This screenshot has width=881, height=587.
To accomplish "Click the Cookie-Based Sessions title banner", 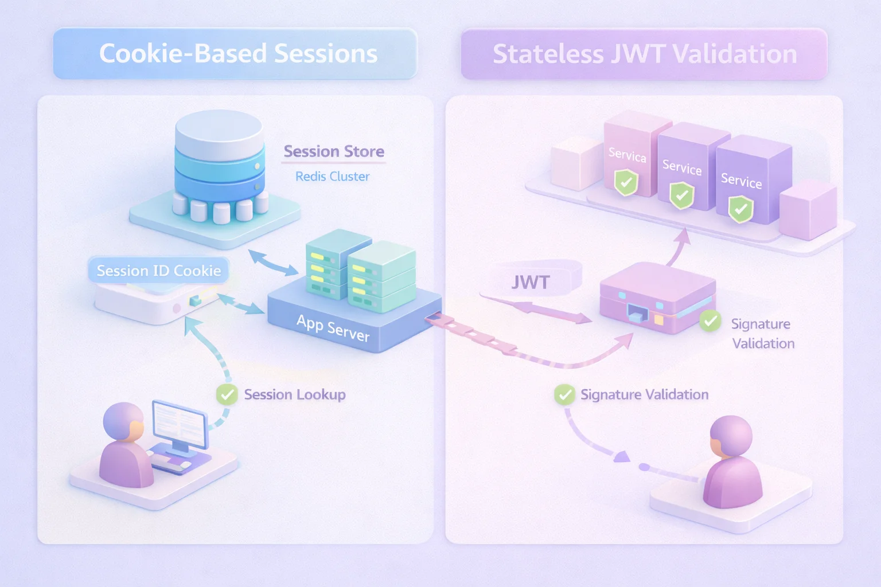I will click(x=235, y=53).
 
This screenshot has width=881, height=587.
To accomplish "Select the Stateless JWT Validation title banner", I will click(x=644, y=54).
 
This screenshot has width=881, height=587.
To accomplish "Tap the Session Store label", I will click(x=334, y=151).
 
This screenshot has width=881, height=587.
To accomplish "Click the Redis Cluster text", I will click(x=332, y=177).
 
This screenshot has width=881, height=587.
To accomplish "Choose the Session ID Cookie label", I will click(x=158, y=271).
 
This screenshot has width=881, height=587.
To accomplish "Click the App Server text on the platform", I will click(x=333, y=328).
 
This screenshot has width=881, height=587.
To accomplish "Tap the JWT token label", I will click(x=530, y=282).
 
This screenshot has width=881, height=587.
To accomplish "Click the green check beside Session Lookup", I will click(x=227, y=394).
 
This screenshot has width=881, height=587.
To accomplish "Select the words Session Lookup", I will click(x=295, y=394).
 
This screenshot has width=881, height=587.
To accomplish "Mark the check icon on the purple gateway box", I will click(x=710, y=321).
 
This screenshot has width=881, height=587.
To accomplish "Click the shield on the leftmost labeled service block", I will click(x=626, y=183).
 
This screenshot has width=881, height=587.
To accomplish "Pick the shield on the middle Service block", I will click(x=682, y=195).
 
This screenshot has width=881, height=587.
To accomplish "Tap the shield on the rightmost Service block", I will click(x=740, y=209).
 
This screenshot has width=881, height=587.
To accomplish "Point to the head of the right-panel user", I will click(x=731, y=436).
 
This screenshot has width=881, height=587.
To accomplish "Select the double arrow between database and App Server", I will click(x=273, y=263).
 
